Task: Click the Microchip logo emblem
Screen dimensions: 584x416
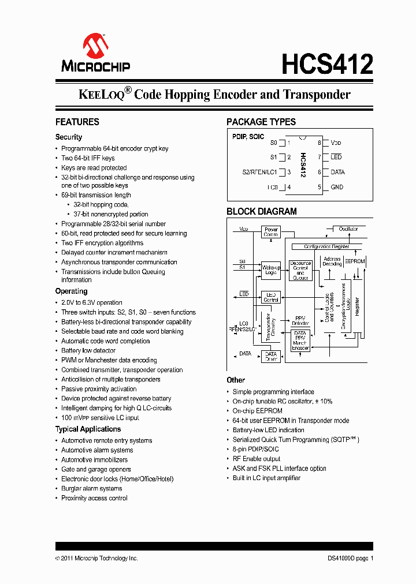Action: [95, 45]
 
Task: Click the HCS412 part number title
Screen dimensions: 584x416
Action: [327, 63]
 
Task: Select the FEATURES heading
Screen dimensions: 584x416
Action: [77, 122]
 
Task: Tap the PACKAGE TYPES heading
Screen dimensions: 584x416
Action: [261, 122]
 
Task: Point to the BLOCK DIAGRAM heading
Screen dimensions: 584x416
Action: [262, 211]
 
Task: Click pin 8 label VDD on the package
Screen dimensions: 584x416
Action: [336, 143]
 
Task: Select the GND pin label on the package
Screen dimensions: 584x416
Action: [337, 187]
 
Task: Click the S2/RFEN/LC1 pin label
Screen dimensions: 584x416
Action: [259, 172]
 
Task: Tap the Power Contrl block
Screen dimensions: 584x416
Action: [271, 232]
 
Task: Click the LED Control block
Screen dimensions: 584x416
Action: [271, 297]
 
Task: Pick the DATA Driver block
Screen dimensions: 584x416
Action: [270, 356]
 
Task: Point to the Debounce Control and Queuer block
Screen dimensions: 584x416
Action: [300, 270]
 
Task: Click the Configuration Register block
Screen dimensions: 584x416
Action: [327, 246]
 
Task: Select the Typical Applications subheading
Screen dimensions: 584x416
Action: [88, 429]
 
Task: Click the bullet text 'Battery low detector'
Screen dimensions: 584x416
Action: [88, 350]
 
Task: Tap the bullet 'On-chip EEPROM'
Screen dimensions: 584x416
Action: [257, 411]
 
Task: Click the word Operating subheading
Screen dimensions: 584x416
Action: [71, 291]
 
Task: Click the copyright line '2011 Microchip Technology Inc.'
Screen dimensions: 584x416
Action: [99, 558]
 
